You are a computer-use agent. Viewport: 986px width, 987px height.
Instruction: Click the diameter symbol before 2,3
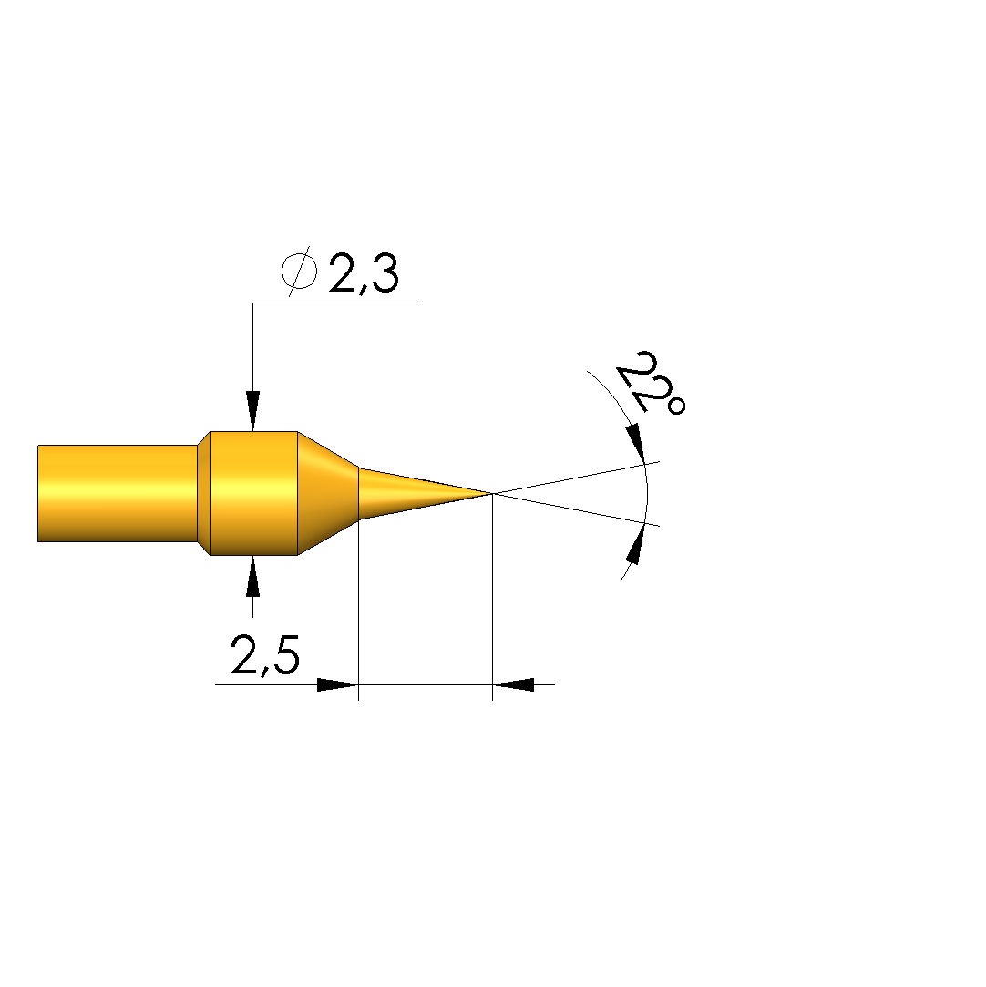coord(298,272)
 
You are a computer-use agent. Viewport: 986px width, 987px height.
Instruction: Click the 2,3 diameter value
coord(364,273)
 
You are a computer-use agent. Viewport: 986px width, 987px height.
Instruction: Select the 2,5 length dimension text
coord(265,654)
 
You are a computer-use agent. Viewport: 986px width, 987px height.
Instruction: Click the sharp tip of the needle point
coord(491,494)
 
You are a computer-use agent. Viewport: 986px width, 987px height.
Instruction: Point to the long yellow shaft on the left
coord(118,494)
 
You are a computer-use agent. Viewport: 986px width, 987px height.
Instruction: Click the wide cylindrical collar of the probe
coord(253,494)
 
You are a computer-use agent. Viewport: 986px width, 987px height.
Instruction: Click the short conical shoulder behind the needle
coord(328,494)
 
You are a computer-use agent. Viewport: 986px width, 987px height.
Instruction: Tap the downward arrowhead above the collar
coord(253,411)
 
